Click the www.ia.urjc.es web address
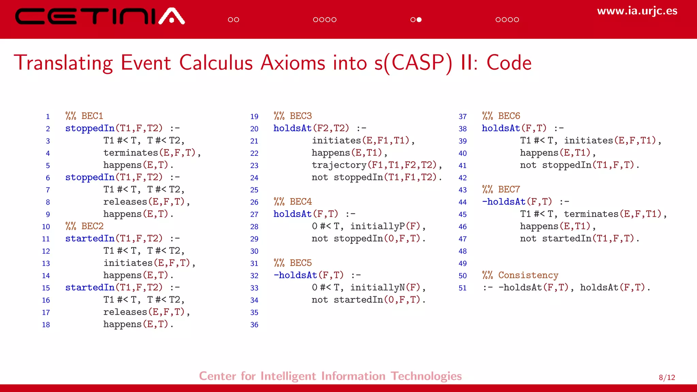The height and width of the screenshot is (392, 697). [x=637, y=11]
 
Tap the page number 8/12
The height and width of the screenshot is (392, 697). [x=667, y=377]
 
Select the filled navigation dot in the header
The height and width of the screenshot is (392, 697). [x=419, y=20]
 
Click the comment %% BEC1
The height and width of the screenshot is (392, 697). [x=84, y=116]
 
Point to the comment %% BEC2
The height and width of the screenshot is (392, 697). [x=84, y=226]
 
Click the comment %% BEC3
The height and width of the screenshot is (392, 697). [x=293, y=116]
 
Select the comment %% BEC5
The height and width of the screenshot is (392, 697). [x=293, y=263]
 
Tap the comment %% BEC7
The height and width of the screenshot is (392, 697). [x=501, y=190]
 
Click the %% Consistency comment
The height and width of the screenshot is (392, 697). [x=520, y=275]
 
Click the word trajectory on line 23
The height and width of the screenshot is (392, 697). [x=339, y=165]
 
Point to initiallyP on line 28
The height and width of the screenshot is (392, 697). [x=377, y=226]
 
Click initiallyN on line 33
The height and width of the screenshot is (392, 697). [x=377, y=288]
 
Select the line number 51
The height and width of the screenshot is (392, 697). [x=463, y=288]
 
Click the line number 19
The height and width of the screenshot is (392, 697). [x=254, y=117]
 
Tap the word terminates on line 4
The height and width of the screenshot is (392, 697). [x=131, y=153]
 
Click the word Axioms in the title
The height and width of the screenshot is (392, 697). [x=293, y=63]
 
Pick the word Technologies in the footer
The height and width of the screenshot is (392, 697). [x=426, y=376]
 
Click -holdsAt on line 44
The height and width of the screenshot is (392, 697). [x=504, y=202]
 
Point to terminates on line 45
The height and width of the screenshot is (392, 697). [x=591, y=214]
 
